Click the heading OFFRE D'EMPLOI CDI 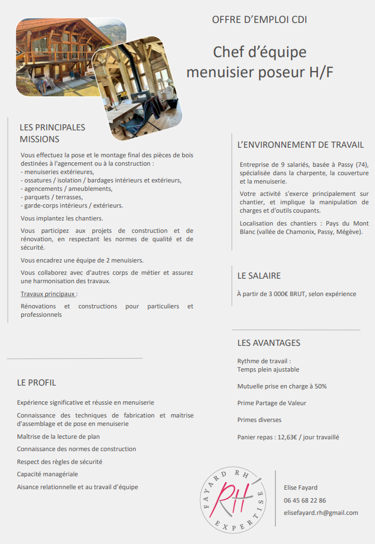(x=259, y=20)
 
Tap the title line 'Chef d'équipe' (x=259, y=52)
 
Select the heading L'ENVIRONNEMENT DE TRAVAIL (x=301, y=145)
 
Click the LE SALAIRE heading (x=259, y=276)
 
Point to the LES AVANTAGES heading (x=269, y=343)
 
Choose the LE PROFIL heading (x=36, y=383)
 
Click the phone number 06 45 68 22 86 (x=305, y=500)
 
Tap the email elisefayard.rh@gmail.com (x=321, y=513)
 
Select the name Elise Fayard (x=301, y=487)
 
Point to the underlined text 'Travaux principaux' (x=48, y=294)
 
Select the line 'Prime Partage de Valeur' (x=272, y=403)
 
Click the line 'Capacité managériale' (x=48, y=474)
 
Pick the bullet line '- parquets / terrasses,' (x=51, y=197)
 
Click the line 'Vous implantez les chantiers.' (x=61, y=218)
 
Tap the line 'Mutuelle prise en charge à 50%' (x=282, y=386)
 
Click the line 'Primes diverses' (x=259, y=420)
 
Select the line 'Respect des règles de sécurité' (x=60, y=462)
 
